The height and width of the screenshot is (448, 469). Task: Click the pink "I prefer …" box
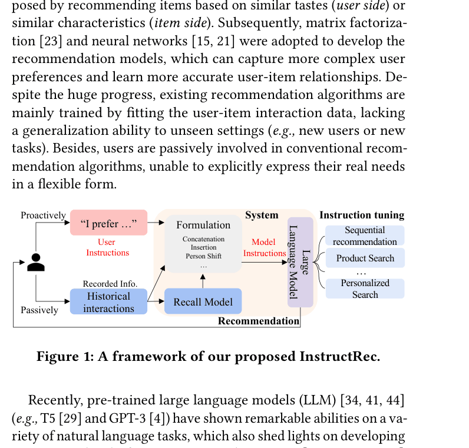(108, 223)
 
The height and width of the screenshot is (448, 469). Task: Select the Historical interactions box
(108, 301)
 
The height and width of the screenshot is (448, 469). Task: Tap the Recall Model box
(203, 301)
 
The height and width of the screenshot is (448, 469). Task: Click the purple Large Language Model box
(300, 263)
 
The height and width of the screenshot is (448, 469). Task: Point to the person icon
(36, 263)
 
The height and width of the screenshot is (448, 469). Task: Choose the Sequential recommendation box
(365, 235)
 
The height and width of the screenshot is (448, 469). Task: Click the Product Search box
(365, 258)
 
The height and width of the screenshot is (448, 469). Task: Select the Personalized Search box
(365, 288)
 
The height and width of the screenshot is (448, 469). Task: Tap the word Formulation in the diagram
(203, 225)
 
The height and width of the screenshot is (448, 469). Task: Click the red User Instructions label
(107, 247)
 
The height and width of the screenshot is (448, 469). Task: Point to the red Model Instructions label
(265, 247)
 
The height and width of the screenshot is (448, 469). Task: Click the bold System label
(262, 215)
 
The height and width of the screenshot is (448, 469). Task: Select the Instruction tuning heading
(362, 215)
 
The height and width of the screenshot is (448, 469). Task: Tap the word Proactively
(43, 215)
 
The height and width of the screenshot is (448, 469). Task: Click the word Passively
(39, 310)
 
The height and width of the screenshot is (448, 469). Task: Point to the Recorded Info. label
(110, 284)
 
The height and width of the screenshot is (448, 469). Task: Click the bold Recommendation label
(259, 321)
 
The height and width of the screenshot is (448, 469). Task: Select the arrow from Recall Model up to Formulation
(203, 281)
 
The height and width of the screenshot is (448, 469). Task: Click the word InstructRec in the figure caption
(340, 357)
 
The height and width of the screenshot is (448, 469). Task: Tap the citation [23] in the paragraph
(51, 41)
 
